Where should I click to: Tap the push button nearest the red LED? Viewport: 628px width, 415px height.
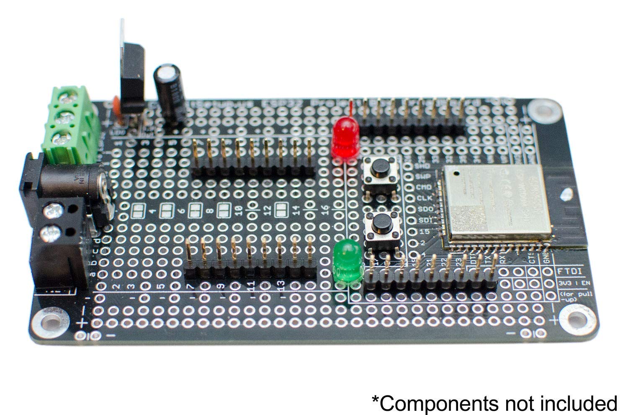(380, 171)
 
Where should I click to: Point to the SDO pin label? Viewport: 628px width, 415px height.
(421, 209)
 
